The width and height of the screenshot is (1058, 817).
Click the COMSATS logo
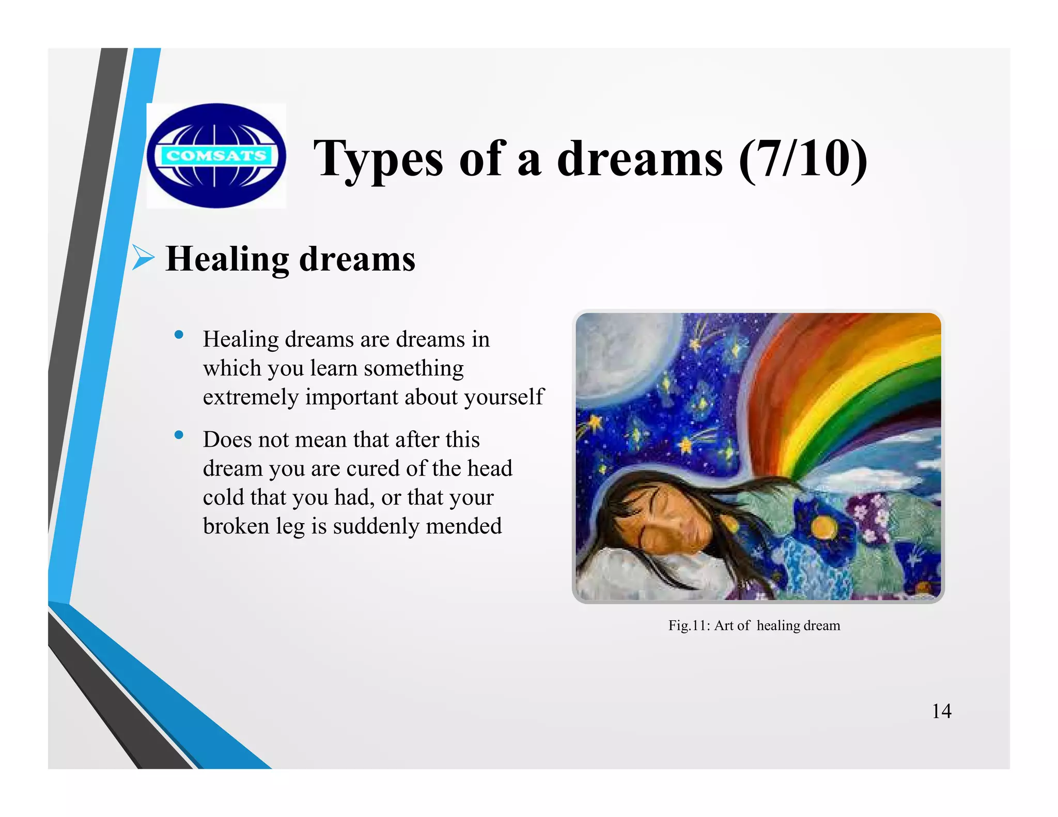[x=216, y=155]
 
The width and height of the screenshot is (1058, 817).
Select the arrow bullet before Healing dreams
[x=143, y=258]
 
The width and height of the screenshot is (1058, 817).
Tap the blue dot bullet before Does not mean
[x=179, y=435]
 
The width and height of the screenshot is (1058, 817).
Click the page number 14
[x=941, y=711]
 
